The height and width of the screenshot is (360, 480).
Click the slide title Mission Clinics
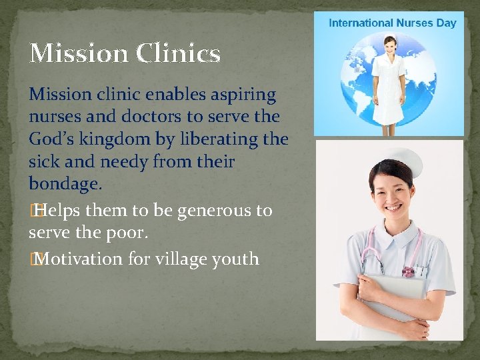[125, 53]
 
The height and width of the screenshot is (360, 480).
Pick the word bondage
[65, 183]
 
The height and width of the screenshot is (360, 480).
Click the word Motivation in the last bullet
[81, 259]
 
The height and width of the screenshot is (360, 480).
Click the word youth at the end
[237, 259]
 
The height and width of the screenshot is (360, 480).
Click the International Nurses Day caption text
[392, 23]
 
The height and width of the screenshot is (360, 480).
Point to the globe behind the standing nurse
[357, 80]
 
